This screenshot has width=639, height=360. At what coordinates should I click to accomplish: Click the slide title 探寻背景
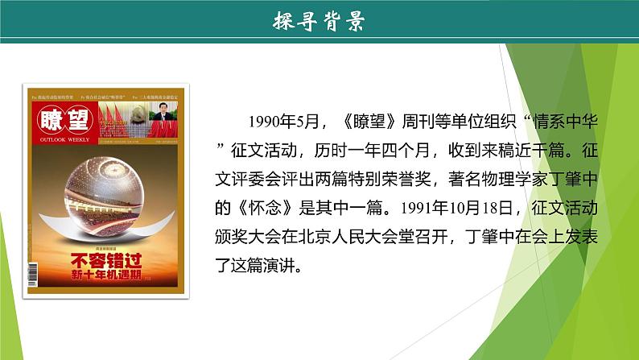(319, 22)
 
